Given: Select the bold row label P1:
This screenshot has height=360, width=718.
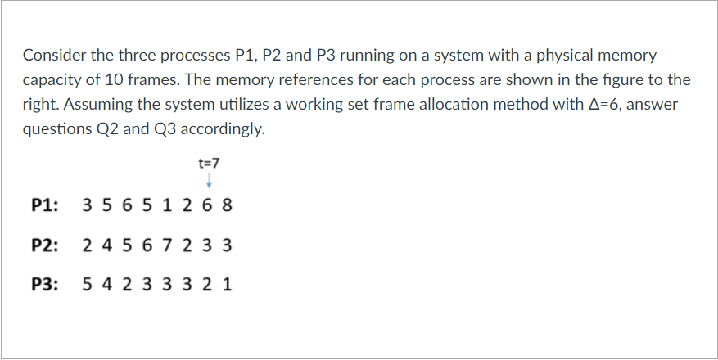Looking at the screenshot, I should click(x=45, y=205).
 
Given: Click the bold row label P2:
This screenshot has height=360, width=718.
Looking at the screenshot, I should click(x=45, y=245).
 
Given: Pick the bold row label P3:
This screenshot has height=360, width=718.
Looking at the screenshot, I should click(x=45, y=285).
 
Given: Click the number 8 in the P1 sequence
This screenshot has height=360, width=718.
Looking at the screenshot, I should click(x=228, y=205).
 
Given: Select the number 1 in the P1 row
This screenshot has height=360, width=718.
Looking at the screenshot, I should click(x=167, y=205).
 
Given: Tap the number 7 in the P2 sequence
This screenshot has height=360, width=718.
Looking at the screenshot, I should click(x=167, y=245).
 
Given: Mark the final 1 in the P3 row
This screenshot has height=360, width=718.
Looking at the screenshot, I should click(x=228, y=285).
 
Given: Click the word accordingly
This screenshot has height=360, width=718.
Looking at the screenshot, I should click(x=222, y=129).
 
